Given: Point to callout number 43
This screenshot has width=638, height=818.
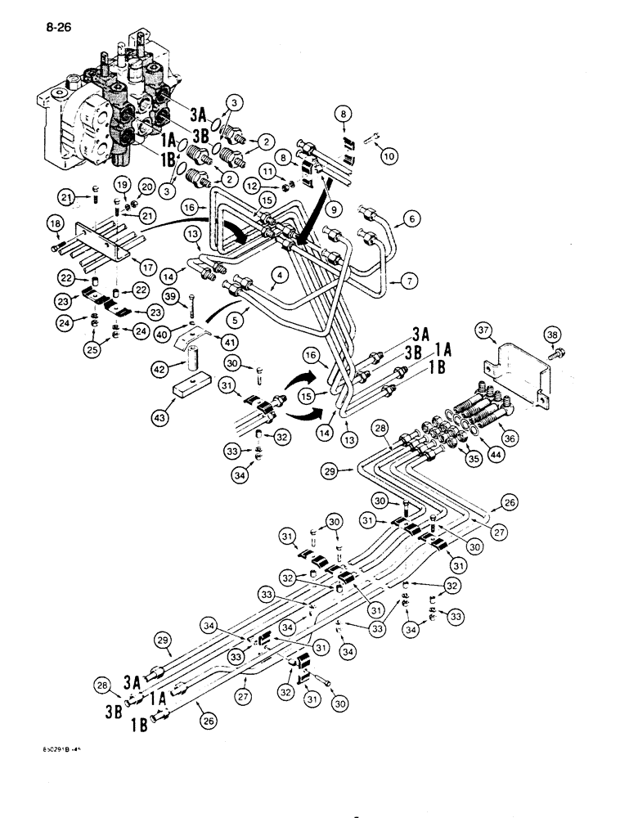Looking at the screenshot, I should click(173, 405).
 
